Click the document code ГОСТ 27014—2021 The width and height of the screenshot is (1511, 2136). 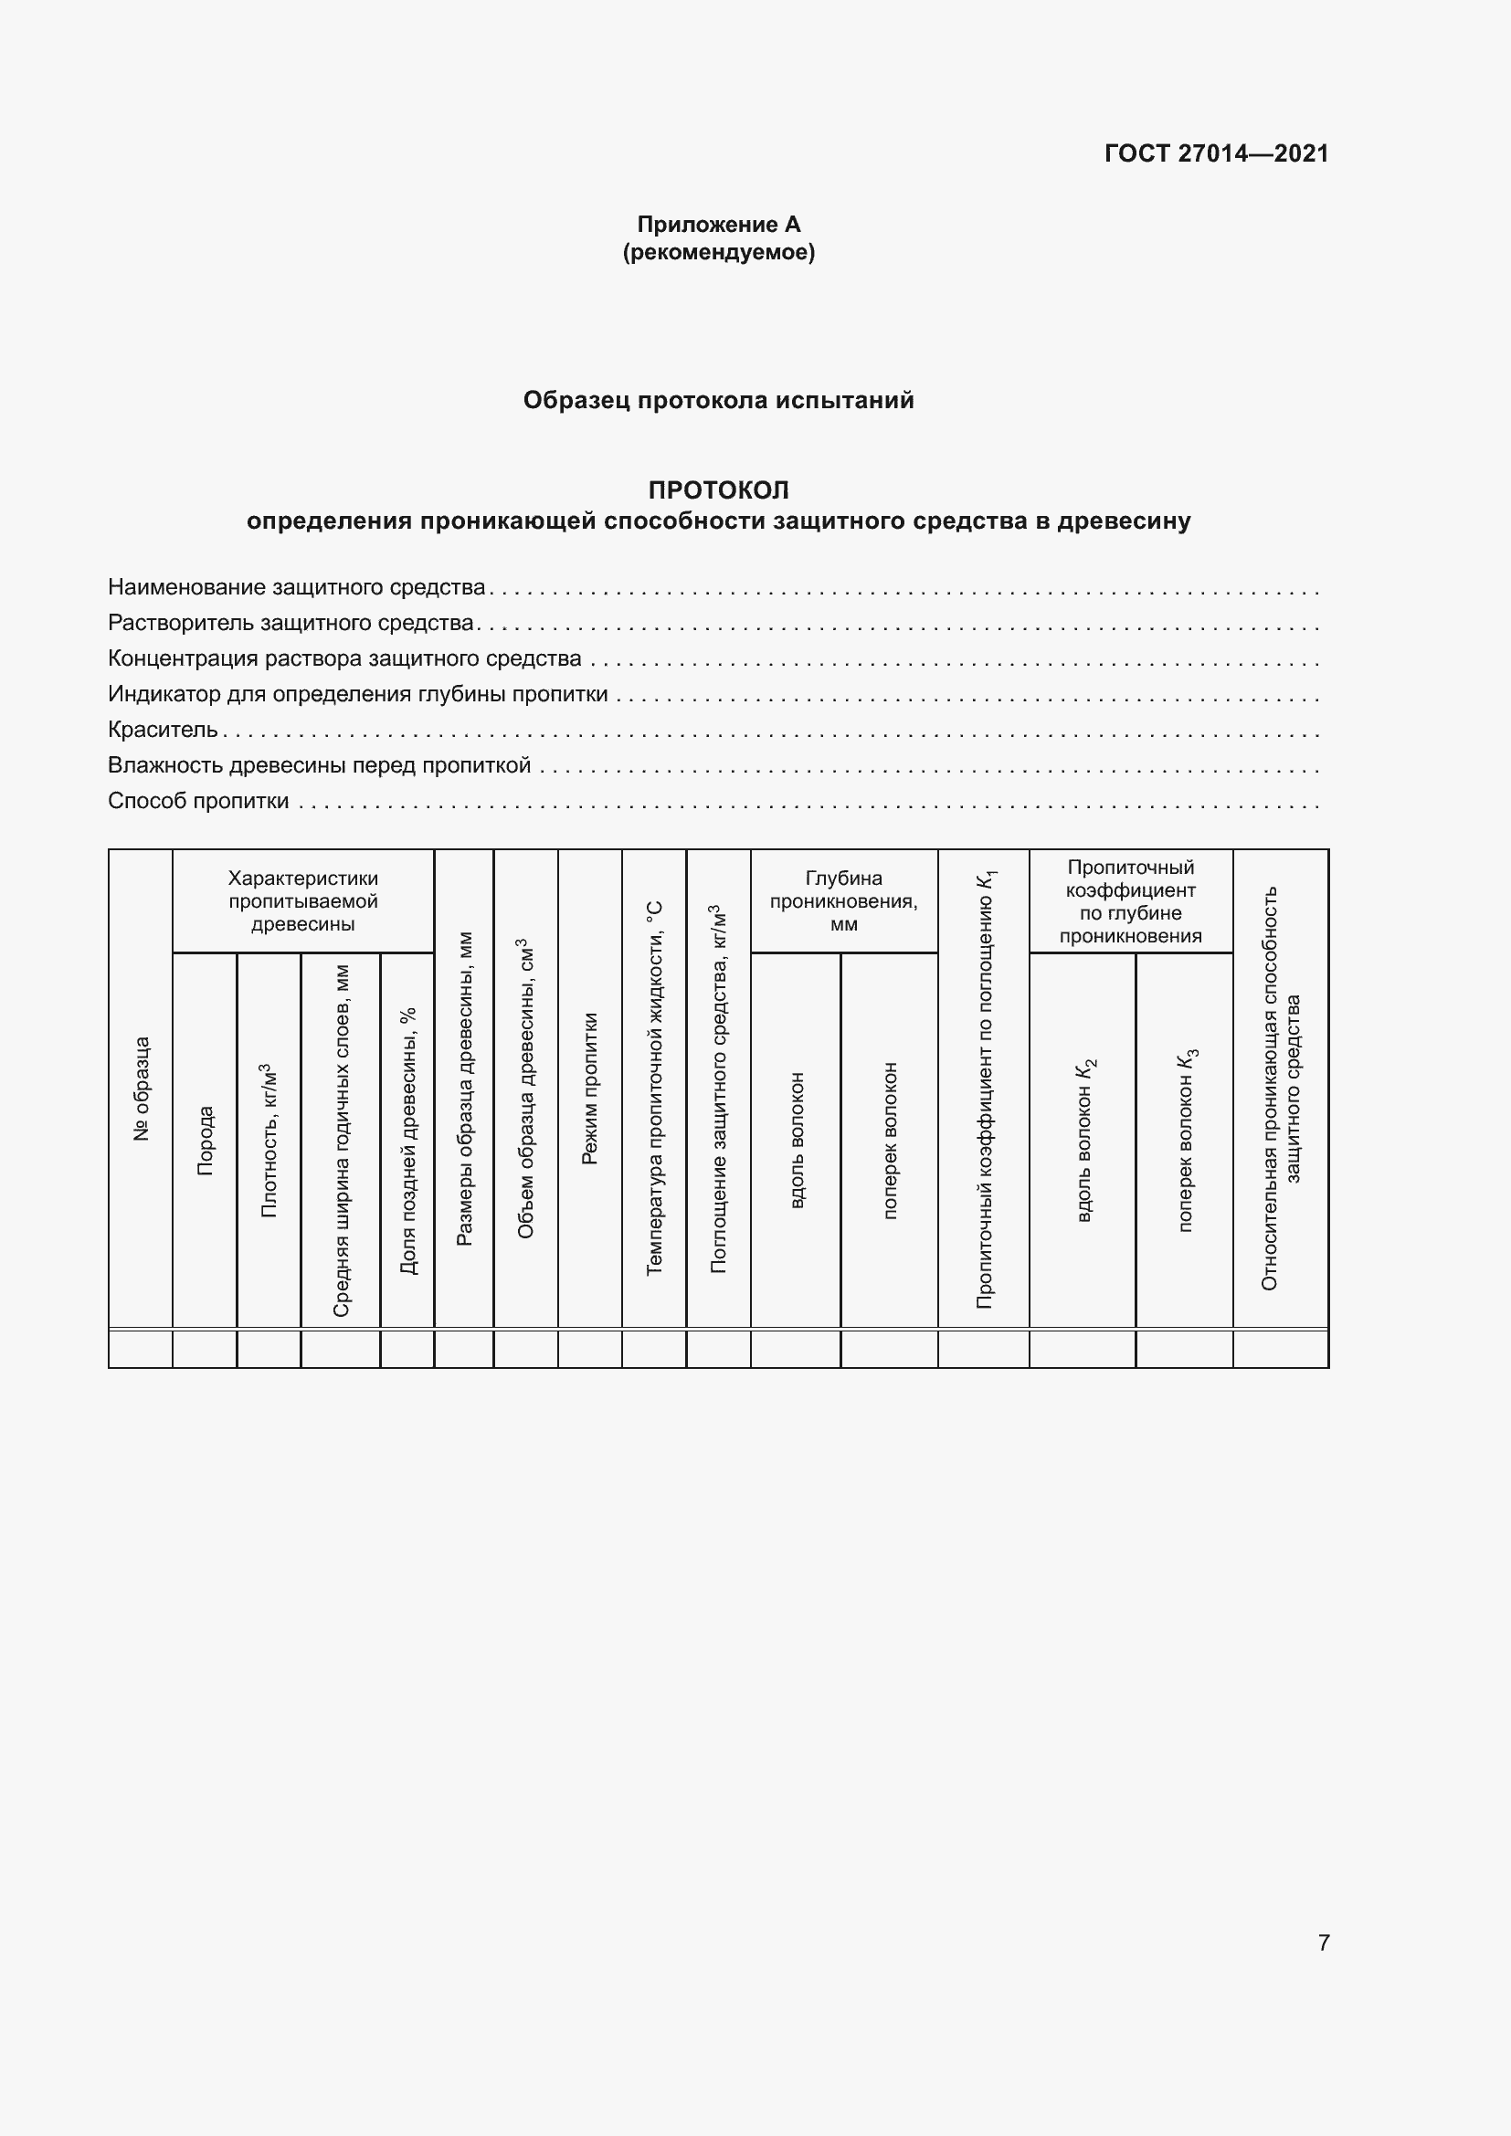(x=1216, y=153)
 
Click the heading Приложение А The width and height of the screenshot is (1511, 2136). (x=718, y=225)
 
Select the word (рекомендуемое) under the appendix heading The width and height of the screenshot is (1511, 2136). (x=718, y=252)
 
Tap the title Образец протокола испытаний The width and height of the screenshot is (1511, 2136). (x=718, y=400)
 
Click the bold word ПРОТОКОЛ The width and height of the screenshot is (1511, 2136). (x=718, y=489)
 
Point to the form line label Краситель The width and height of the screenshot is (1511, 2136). (x=163, y=730)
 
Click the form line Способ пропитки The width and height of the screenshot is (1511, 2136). (x=198, y=801)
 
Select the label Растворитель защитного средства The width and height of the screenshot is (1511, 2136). (x=291, y=623)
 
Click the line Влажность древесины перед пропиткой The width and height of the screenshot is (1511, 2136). (x=319, y=764)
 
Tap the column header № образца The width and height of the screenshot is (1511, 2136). (x=141, y=1089)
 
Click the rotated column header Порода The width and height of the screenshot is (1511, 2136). (x=205, y=1141)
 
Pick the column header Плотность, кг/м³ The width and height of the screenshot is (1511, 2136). (x=269, y=1141)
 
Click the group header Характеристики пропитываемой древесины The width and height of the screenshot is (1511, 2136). (x=303, y=900)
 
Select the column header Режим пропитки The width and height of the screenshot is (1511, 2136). (x=590, y=1089)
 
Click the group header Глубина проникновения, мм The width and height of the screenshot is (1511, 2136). (x=844, y=900)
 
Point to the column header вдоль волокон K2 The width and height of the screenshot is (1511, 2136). (x=1084, y=1141)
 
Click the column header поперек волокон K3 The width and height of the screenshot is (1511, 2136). (x=1186, y=1141)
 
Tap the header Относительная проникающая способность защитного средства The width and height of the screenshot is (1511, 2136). (x=1281, y=1089)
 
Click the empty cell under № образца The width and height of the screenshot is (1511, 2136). (x=141, y=1348)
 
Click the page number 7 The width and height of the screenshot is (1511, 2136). (x=1324, y=1942)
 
